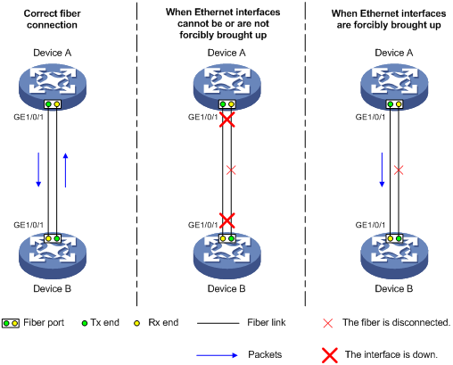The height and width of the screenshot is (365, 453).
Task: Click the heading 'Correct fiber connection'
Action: point(52,19)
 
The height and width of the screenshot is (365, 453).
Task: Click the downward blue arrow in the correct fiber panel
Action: point(38,170)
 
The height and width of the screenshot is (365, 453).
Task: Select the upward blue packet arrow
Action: point(65,170)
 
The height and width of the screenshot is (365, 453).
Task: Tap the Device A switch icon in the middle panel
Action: point(227,87)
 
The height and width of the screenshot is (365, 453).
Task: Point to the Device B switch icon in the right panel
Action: point(394,256)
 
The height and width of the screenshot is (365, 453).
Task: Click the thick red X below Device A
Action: point(227,120)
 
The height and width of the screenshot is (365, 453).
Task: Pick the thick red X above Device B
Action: point(227,220)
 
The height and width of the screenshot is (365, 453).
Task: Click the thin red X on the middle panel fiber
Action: point(231,170)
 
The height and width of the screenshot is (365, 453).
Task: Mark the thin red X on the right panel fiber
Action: point(399,170)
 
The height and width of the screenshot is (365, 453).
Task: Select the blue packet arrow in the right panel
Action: point(382,170)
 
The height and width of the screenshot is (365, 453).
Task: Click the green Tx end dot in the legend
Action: point(85,323)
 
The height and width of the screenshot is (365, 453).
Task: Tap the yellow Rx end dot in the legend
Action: point(136,323)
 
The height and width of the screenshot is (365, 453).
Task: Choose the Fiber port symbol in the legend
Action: point(11,323)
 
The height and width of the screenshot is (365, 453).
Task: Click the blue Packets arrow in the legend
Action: point(217,355)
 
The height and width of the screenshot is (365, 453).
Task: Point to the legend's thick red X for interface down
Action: point(330,355)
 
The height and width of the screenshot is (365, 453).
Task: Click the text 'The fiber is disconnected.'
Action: point(396,322)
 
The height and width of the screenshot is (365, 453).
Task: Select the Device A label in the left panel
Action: point(53,53)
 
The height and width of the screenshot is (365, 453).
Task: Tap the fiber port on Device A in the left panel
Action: point(53,104)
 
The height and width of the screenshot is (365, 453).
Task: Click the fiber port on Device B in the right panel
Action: point(394,238)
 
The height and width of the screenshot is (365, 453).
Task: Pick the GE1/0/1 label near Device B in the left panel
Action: point(29,225)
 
